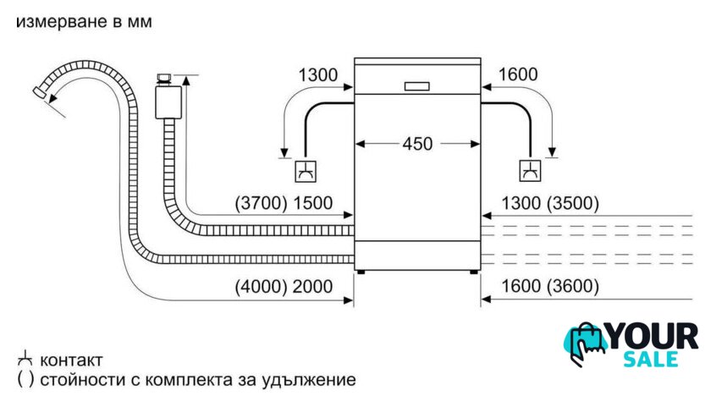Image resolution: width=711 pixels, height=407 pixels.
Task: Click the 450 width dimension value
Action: click(x=417, y=144)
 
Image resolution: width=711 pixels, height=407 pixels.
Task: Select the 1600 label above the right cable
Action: click(x=518, y=74)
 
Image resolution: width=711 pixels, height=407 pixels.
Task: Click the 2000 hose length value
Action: click(x=312, y=286)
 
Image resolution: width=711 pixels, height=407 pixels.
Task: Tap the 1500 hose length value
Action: click(x=312, y=204)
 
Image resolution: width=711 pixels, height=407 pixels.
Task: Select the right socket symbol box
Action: click(x=530, y=171)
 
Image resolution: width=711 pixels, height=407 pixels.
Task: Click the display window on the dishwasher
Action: click(x=417, y=85)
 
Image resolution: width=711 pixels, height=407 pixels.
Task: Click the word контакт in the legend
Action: click(x=72, y=359)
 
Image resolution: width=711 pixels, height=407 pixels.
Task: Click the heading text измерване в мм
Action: click(x=84, y=22)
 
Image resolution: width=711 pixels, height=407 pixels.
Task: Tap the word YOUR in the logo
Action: click(x=653, y=338)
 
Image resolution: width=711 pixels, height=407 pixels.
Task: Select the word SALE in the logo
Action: click(x=650, y=360)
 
